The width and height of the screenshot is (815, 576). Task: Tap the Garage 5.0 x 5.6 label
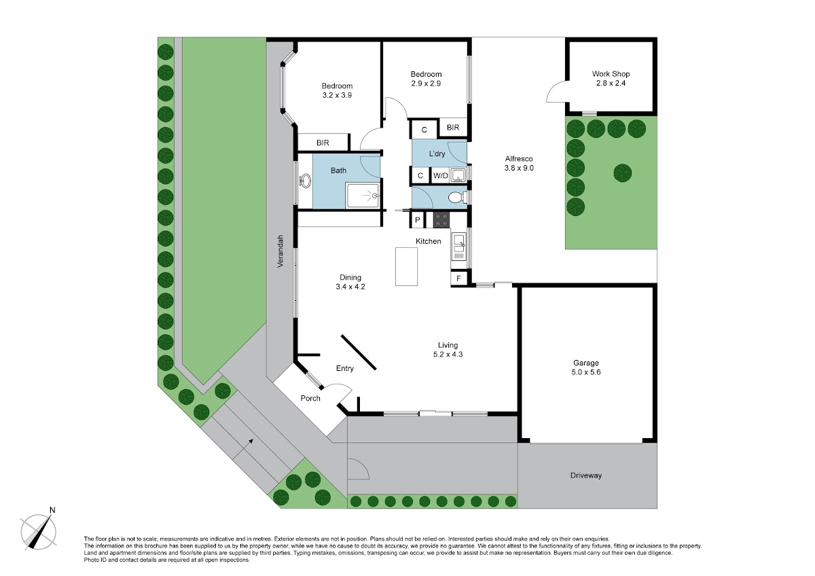(585, 367)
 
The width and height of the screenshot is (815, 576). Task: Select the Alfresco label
(519, 159)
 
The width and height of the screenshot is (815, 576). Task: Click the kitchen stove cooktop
(441, 220)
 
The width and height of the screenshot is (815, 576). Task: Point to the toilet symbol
(457, 198)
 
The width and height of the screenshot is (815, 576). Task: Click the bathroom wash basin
(305, 181)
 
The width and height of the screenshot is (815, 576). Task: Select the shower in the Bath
(363, 196)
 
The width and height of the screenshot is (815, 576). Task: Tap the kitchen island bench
(406, 266)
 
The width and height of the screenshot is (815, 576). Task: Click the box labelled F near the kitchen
(458, 278)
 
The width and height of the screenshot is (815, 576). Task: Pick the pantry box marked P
(417, 220)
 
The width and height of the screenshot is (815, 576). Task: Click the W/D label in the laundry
(440, 176)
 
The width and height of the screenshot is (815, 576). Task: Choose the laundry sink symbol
(458, 175)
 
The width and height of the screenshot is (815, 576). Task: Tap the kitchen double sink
(458, 247)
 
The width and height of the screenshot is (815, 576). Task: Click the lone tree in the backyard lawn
(623, 173)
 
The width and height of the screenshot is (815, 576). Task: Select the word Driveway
(585, 475)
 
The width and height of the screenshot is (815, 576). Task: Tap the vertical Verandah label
(280, 251)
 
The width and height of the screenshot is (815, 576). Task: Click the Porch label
(310, 398)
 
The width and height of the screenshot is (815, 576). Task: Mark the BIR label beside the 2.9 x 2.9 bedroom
(453, 127)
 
